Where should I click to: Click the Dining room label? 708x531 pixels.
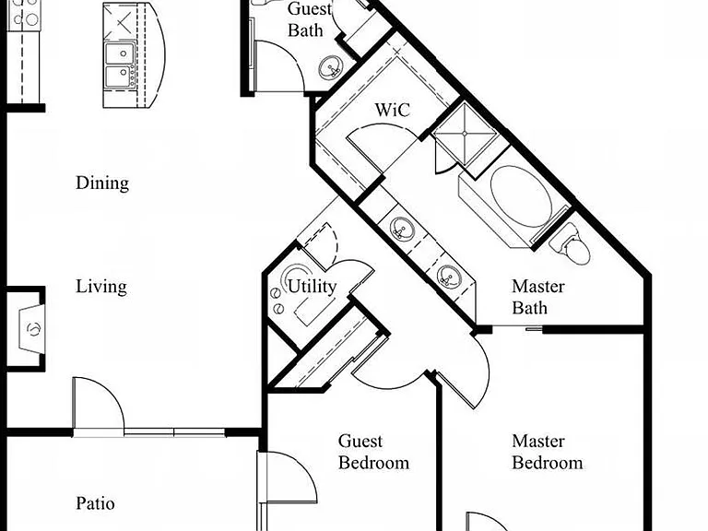(102, 183)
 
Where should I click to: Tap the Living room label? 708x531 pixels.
(101, 287)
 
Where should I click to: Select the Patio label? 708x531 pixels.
(95, 503)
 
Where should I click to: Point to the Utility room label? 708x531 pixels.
(312, 287)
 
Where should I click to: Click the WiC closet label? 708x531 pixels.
(393, 110)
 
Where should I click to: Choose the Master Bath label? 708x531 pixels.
(538, 297)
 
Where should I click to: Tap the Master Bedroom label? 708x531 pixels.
(548, 452)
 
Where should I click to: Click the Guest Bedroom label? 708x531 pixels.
(374, 452)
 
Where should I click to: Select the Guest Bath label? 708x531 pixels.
(309, 19)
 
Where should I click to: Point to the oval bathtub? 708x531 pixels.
(521, 196)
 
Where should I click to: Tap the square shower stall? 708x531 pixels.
(465, 134)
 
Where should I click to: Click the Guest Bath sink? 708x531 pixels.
(332, 68)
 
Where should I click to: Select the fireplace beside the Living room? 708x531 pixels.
(30, 328)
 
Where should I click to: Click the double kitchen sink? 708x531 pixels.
(121, 65)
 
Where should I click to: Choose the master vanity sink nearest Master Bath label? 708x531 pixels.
(449, 277)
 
